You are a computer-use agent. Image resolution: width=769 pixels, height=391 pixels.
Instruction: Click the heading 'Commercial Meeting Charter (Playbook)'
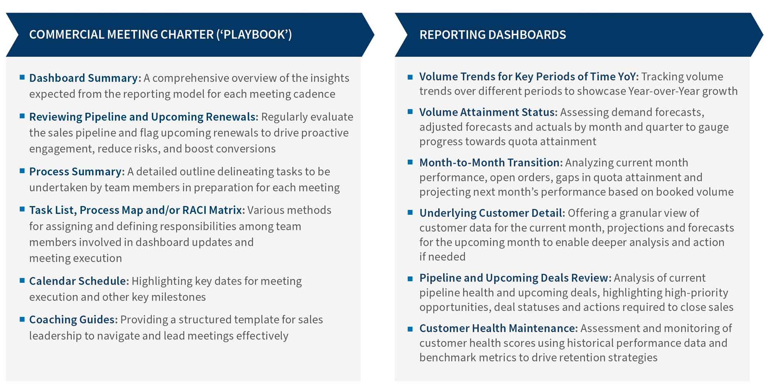pyautogui.click(x=160, y=35)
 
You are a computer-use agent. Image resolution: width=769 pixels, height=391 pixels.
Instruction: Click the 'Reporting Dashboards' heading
pyautogui.click(x=493, y=35)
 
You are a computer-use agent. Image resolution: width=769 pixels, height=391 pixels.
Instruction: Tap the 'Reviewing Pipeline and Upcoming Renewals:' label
pyautogui.click(x=144, y=117)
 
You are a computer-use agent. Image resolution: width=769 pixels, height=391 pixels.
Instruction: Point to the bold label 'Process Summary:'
pyautogui.click(x=77, y=172)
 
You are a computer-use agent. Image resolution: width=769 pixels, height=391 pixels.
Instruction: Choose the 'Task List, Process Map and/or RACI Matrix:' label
pyautogui.click(x=137, y=210)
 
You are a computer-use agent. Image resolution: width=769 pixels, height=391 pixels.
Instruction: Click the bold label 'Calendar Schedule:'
pyautogui.click(x=79, y=281)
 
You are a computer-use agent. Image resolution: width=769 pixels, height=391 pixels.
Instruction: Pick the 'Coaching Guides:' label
pyautogui.click(x=73, y=320)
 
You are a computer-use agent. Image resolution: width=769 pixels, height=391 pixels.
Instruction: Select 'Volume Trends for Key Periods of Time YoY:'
pyautogui.click(x=529, y=77)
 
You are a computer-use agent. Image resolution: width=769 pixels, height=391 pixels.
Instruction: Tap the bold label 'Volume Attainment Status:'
pyautogui.click(x=488, y=112)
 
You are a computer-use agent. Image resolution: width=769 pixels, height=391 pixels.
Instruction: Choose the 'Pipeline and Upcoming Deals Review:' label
pyautogui.click(x=515, y=278)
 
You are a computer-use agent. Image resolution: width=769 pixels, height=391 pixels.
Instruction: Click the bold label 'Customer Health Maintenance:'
pyautogui.click(x=498, y=328)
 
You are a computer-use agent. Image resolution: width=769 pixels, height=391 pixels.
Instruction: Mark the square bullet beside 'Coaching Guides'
pyautogui.click(x=22, y=318)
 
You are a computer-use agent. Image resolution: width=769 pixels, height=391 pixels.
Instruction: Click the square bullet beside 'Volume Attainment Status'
pyautogui.click(x=410, y=112)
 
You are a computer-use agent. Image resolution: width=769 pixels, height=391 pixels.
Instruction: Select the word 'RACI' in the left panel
pyautogui.click(x=195, y=210)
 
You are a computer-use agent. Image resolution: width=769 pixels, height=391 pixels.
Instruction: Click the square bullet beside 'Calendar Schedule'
pyautogui.click(x=22, y=280)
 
